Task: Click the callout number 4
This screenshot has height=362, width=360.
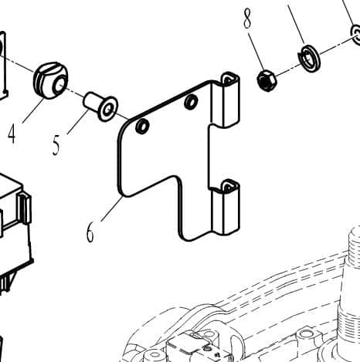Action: click(x=12, y=135)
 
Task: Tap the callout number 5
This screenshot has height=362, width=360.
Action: click(x=56, y=145)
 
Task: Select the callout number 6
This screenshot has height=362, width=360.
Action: click(x=90, y=232)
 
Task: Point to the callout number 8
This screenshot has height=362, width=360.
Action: click(x=247, y=19)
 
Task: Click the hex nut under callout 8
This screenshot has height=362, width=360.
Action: click(x=267, y=81)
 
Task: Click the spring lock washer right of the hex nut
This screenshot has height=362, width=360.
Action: click(x=309, y=58)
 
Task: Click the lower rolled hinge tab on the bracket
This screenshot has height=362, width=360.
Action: click(x=226, y=207)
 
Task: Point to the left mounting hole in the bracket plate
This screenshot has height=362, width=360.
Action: click(x=142, y=126)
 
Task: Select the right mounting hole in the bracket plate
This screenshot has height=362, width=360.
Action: click(x=191, y=102)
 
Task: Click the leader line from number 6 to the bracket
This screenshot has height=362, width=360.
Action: click(x=112, y=208)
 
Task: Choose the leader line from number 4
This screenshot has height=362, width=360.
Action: click(x=33, y=110)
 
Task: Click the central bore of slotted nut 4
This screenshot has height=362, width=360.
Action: click(x=59, y=85)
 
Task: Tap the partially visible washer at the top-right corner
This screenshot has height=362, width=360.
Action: click(x=355, y=35)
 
